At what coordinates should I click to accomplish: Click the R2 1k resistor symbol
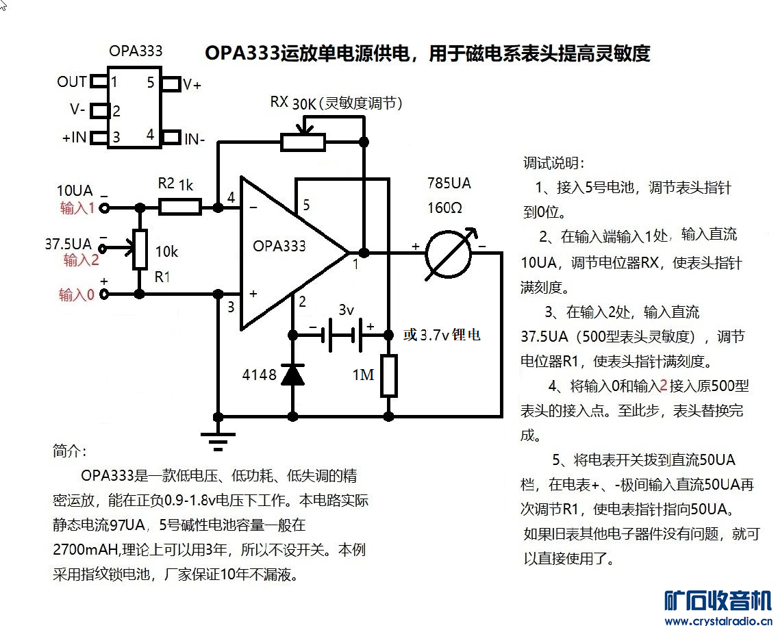pyautogui.click(x=180, y=207)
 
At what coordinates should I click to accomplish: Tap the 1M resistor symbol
pyautogui.click(x=388, y=376)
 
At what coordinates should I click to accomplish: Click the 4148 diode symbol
pyautogui.click(x=293, y=375)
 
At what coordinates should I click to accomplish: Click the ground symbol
pyautogui.click(x=218, y=438)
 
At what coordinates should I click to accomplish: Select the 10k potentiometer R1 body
pyautogui.click(x=140, y=250)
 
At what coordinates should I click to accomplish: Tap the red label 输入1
pyautogui.click(x=77, y=208)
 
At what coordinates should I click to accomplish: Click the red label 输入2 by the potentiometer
pyautogui.click(x=81, y=260)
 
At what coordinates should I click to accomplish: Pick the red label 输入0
pyautogui.click(x=76, y=295)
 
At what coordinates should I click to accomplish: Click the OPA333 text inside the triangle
pyautogui.click(x=279, y=246)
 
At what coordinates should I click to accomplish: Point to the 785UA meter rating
pyautogui.click(x=449, y=184)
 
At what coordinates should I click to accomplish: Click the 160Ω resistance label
pyautogui.click(x=444, y=207)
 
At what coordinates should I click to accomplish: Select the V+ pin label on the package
pyautogui.click(x=192, y=85)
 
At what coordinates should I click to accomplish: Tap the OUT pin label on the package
pyautogui.click(x=72, y=82)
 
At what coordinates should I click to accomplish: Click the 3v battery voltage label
pyautogui.click(x=346, y=310)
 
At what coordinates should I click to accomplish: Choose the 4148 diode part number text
pyautogui.click(x=260, y=375)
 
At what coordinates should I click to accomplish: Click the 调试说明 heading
pyautogui.click(x=553, y=164)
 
